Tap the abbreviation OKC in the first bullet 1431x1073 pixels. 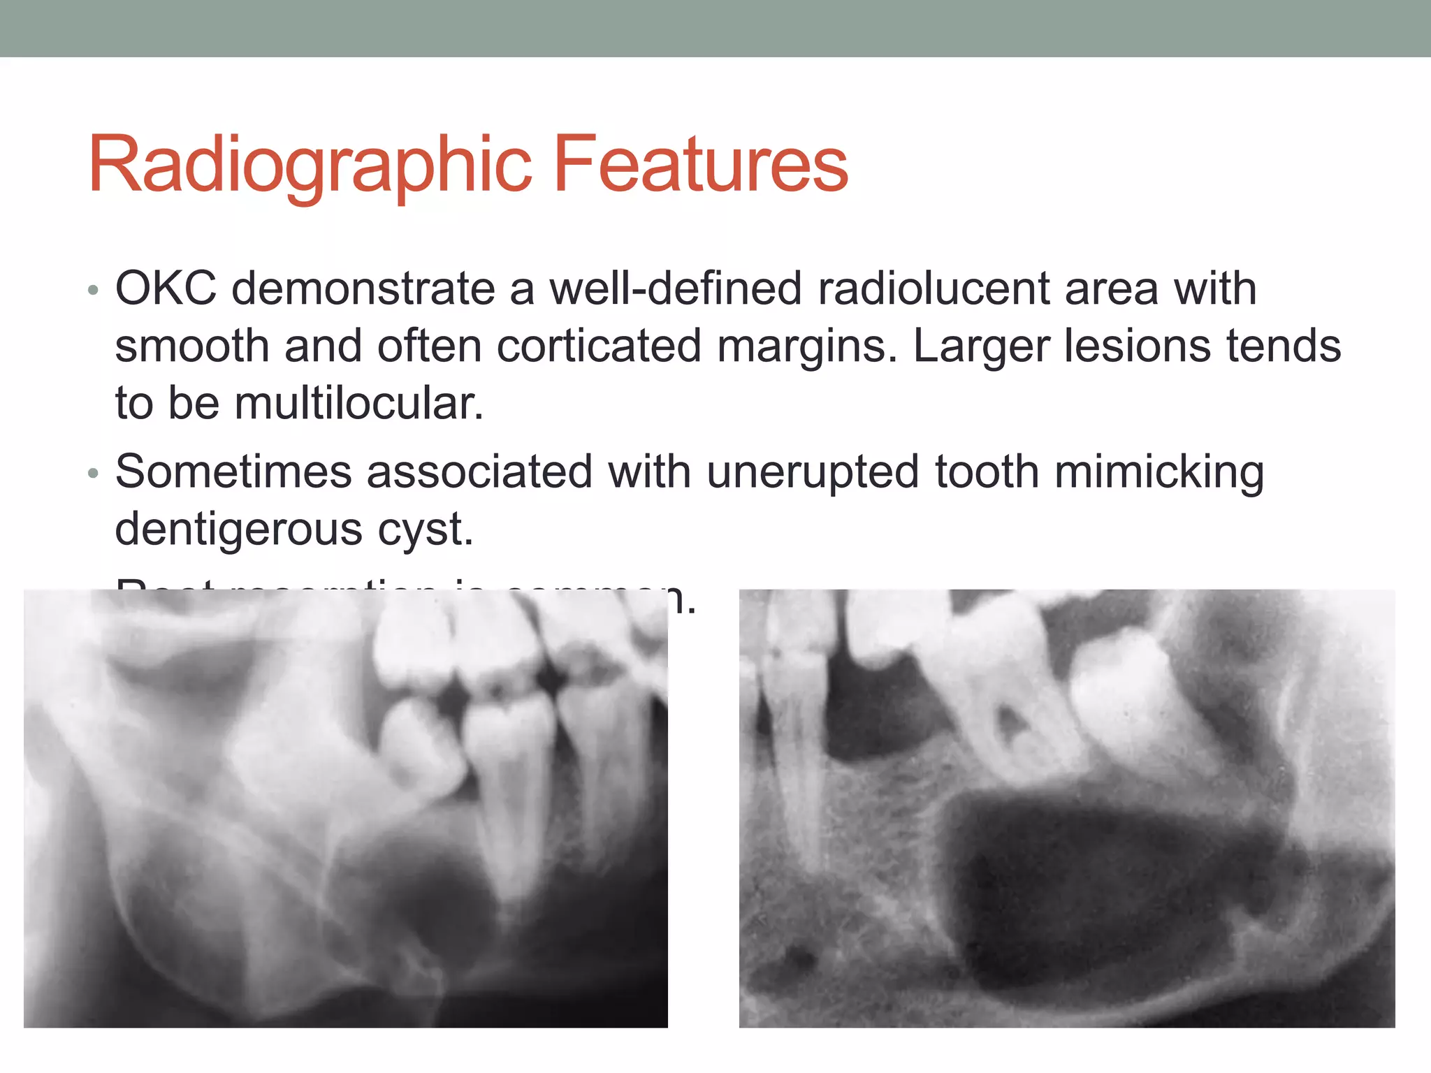[166, 288]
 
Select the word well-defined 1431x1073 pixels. [675, 288]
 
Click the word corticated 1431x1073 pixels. [598, 346]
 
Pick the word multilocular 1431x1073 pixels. [358, 403]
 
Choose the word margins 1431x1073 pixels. [808, 347]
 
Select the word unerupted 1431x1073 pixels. [813, 472]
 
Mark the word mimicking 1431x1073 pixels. [1158, 472]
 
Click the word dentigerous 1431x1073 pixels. [238, 530]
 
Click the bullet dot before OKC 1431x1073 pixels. [94, 290]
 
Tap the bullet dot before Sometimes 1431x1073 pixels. [94, 474]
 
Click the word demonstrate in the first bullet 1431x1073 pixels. [363, 288]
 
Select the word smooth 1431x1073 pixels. [192, 346]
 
